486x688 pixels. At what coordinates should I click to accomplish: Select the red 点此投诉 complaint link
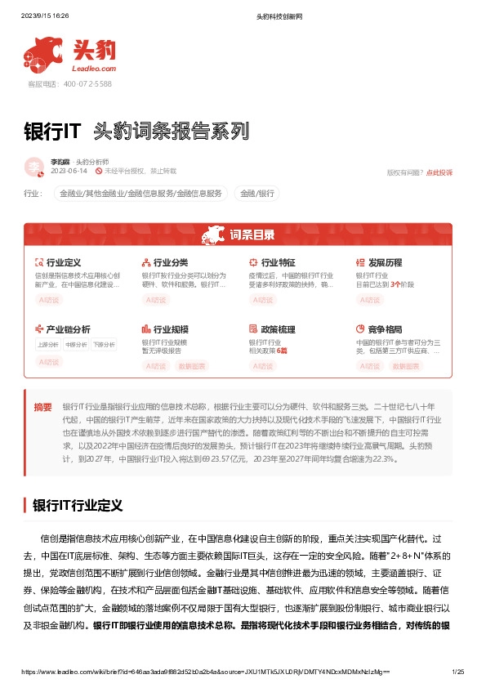(439, 172)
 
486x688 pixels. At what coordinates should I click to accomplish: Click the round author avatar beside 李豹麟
(34, 167)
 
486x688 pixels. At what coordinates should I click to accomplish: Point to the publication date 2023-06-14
(69, 171)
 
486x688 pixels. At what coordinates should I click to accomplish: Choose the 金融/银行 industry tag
(256, 194)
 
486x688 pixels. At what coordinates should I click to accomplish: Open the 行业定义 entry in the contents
(63, 262)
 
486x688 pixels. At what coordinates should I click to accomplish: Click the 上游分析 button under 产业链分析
(47, 345)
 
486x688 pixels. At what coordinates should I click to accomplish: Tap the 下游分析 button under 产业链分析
(103, 345)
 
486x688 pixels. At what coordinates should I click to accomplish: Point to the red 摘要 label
(42, 406)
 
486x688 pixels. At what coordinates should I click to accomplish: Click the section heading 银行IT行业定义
(77, 505)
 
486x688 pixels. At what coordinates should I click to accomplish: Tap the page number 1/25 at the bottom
(457, 672)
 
